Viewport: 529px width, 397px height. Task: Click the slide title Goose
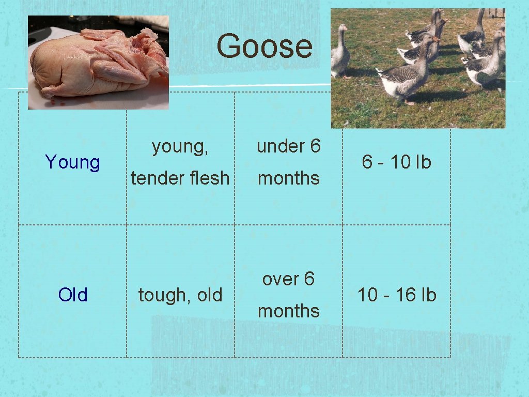pos(264,46)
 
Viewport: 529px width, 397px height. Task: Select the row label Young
pos(73,162)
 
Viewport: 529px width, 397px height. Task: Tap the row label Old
pos(73,295)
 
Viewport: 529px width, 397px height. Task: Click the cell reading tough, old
pos(180,295)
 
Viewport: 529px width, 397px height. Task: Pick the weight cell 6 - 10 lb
pos(396,162)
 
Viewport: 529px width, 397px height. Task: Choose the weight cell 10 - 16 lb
pos(396,295)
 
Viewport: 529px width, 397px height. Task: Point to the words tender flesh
pos(180,178)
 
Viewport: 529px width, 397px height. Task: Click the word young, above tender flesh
pos(180,147)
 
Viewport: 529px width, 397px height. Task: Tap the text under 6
pos(288,147)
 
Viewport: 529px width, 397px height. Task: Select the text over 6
pos(288,279)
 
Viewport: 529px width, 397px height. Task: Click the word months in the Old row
pos(288,311)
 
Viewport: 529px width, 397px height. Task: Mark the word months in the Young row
pos(288,178)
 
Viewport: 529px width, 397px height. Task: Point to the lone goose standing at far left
pos(340,52)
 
